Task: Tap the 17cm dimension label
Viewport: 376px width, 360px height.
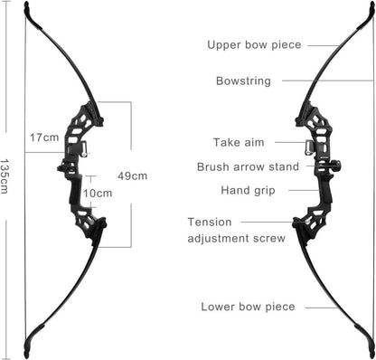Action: pyautogui.click(x=44, y=137)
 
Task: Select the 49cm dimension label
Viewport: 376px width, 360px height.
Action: pyautogui.click(x=133, y=176)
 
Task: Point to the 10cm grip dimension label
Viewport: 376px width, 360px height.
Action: pyautogui.click(x=98, y=194)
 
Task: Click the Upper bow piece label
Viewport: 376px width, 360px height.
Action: pyautogui.click(x=254, y=45)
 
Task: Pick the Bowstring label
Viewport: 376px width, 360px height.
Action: pyautogui.click(x=243, y=81)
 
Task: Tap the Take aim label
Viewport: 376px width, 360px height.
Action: pyautogui.click(x=239, y=142)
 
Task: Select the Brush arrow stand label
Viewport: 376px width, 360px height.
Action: pyautogui.click(x=248, y=166)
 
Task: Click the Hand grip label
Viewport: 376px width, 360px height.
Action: pyautogui.click(x=248, y=191)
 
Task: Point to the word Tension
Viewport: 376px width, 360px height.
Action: pyautogui.click(x=210, y=223)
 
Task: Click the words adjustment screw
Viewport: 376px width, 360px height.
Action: pyautogui.click(x=237, y=238)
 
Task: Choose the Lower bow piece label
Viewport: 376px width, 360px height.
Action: pyautogui.click(x=248, y=307)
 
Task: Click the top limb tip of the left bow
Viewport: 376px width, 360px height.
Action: pyautogui.click(x=26, y=5)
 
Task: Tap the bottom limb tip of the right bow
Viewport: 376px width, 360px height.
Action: pyautogui.click(x=371, y=354)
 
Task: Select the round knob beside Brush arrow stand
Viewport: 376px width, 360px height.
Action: pyautogui.click(x=337, y=166)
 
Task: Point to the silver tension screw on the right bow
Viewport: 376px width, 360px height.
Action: pyautogui.click(x=307, y=222)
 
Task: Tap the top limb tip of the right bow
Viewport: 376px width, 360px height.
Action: pyautogui.click(x=371, y=6)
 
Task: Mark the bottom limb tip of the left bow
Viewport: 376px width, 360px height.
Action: pyautogui.click(x=27, y=353)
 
